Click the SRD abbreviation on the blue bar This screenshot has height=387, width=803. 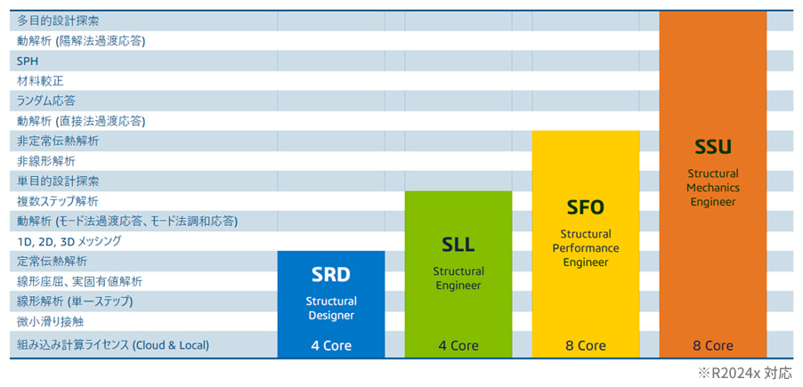tap(330, 273)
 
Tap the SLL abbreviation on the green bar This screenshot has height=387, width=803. tap(458, 244)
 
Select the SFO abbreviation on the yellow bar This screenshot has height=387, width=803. tap(585, 207)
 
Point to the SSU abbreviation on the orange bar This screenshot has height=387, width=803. tap(712, 146)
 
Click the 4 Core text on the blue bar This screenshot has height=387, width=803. tap(331, 345)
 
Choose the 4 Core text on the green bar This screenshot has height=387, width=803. tap(458, 345)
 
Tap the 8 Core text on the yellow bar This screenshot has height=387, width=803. tap(586, 345)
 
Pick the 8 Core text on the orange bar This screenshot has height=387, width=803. tap(713, 345)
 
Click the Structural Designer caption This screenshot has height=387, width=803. tap(331, 308)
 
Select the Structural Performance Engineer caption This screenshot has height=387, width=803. tap(585, 247)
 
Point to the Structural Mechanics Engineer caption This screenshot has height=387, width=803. tap(713, 187)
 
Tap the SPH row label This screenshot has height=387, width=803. tap(28, 60)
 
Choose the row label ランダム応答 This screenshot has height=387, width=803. tap(45, 101)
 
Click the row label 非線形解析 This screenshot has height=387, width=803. tap(45, 161)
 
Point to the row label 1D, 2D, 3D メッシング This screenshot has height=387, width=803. tap(69, 241)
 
